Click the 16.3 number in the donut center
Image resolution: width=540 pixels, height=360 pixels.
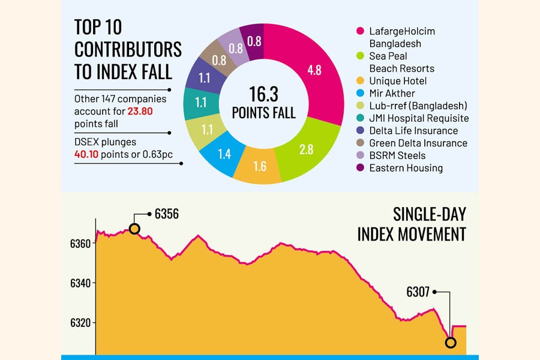click(x=263, y=94)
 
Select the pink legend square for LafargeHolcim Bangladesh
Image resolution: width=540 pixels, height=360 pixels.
click(x=361, y=31)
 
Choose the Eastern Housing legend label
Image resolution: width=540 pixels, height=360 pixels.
click(x=406, y=168)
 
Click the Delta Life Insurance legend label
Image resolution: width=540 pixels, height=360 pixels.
click(x=413, y=131)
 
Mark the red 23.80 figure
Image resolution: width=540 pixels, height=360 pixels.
click(x=142, y=111)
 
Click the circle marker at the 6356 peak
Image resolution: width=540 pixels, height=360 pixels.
click(x=134, y=229)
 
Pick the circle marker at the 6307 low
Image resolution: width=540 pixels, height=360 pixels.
click(x=451, y=343)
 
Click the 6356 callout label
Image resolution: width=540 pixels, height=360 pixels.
click(x=167, y=214)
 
